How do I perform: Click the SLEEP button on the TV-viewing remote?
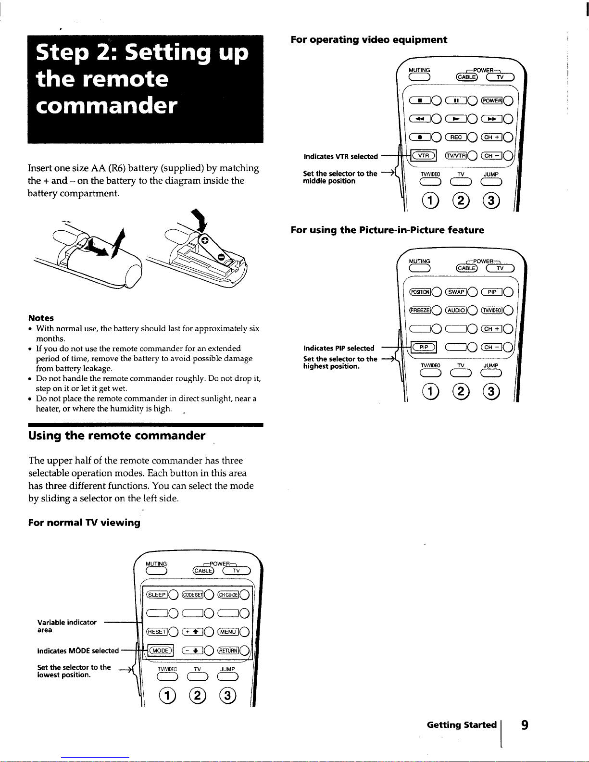point(157,594)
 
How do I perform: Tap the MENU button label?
point(228,632)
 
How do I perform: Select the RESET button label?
point(157,632)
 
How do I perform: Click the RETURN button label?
point(228,650)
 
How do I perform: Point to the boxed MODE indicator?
point(161,650)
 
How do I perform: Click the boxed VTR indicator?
point(424,155)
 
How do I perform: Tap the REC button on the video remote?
point(456,137)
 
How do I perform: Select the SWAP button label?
point(456,292)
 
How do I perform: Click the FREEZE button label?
point(420,311)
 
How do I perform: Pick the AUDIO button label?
point(456,311)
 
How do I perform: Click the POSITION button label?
point(420,292)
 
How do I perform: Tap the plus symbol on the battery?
point(205,240)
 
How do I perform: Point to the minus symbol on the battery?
point(221,258)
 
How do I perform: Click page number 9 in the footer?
point(525,725)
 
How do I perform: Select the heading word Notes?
point(41,318)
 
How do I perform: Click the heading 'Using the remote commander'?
point(117,436)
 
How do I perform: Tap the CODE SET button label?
point(192,594)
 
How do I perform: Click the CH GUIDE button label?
point(228,594)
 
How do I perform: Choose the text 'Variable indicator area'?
point(67,626)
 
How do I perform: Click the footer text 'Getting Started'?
point(462,725)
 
